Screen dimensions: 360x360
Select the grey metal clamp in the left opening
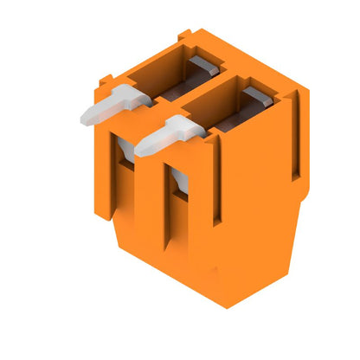click(x=202, y=64)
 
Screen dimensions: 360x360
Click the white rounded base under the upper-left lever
click(x=126, y=146)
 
